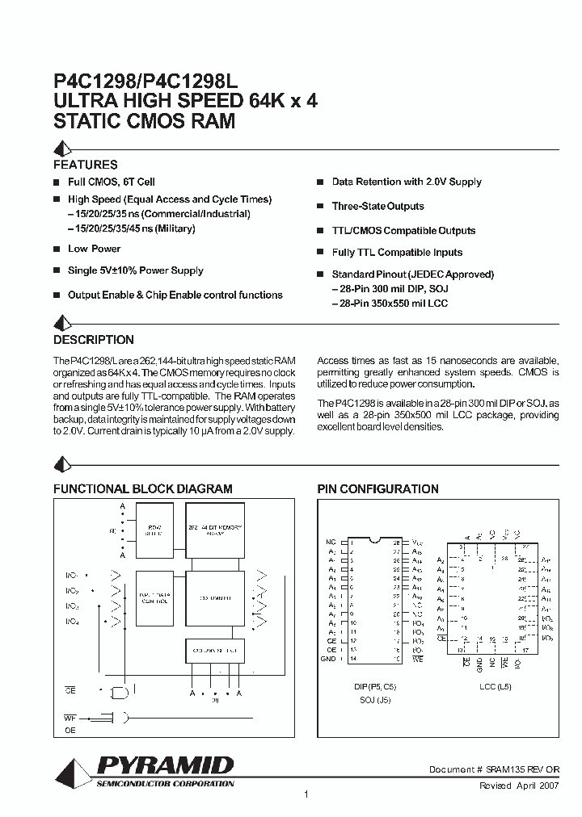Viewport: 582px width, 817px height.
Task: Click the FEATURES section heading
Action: [x=85, y=165]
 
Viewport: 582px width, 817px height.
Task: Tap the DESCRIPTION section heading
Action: [x=93, y=340]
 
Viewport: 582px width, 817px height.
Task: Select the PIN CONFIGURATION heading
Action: [x=377, y=489]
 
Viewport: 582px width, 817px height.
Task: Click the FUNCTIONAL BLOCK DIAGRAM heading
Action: [x=142, y=489]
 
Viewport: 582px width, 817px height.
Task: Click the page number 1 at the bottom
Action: [x=306, y=795]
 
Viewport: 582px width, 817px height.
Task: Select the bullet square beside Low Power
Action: [x=57, y=249]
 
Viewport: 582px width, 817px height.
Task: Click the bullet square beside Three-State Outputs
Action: [x=321, y=207]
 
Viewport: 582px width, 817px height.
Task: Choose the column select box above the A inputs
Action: [x=214, y=649]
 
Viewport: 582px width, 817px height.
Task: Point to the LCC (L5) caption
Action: [x=495, y=686]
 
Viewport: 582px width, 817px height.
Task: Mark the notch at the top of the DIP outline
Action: [x=373, y=540]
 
